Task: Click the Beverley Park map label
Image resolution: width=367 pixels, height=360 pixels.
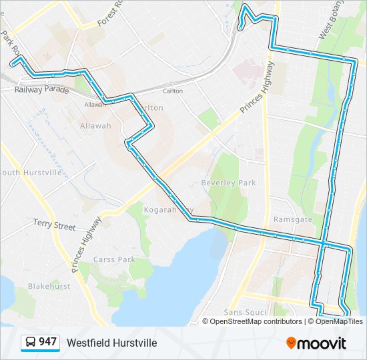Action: point(228,183)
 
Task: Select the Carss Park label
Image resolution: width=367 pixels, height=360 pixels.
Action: point(114,259)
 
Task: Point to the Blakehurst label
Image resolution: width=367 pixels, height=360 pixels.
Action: point(49,286)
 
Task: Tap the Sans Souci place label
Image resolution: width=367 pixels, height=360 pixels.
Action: point(245,312)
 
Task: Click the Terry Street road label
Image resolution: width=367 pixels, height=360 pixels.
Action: point(55,225)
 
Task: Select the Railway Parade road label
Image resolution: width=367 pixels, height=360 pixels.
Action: point(41,88)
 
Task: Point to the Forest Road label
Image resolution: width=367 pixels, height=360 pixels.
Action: point(111,13)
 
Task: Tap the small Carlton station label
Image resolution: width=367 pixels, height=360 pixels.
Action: point(173,91)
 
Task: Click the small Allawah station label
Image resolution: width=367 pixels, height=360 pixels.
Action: point(94,105)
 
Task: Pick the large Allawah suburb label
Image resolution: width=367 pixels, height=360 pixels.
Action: point(95,125)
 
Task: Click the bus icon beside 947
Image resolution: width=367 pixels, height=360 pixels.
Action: point(31,343)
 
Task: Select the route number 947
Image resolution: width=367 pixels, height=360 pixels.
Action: point(47,342)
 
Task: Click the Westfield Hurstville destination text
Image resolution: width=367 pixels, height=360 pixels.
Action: point(111,343)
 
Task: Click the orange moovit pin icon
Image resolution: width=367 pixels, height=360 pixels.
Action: point(292,343)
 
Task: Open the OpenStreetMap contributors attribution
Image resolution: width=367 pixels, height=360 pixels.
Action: point(255,321)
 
